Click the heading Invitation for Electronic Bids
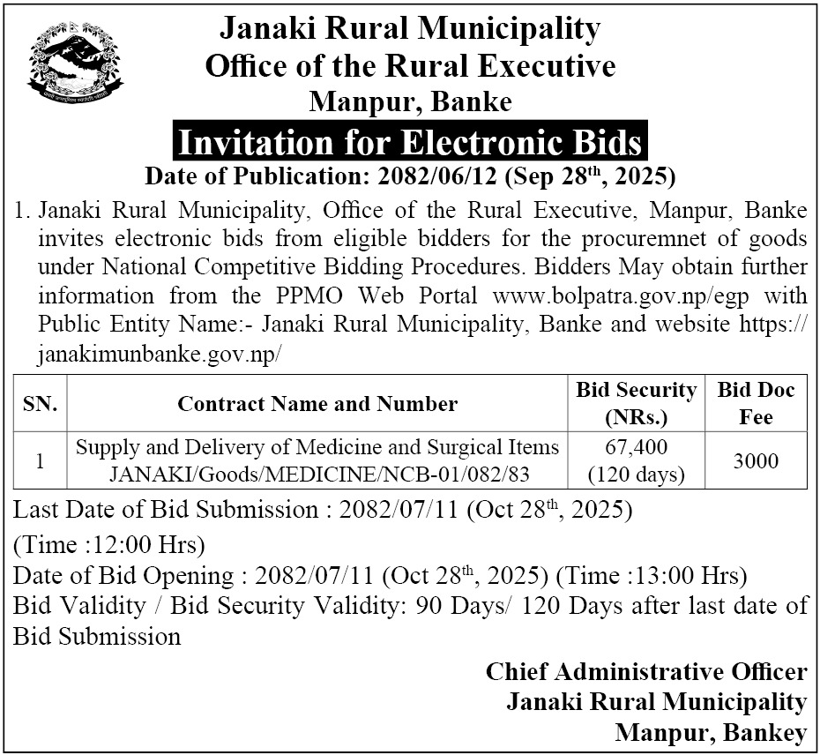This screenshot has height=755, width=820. point(410,142)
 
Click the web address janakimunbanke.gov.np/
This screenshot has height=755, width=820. point(160,355)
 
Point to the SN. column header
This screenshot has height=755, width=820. point(41,404)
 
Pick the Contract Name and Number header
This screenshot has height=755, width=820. point(317,404)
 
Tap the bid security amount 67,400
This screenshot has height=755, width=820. point(637,446)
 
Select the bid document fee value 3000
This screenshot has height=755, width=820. point(756,460)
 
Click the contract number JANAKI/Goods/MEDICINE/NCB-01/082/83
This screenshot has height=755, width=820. point(318,475)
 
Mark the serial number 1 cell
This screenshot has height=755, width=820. point(41,460)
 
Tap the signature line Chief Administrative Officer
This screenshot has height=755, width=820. point(646,672)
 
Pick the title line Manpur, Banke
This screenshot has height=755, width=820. point(410,101)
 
